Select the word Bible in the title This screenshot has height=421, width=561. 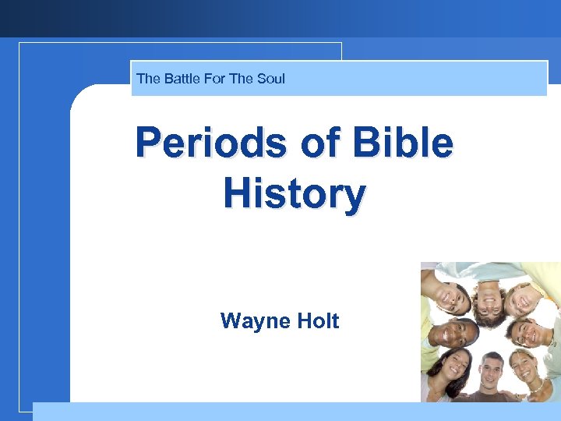(x=404, y=143)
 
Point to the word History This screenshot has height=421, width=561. (x=294, y=193)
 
